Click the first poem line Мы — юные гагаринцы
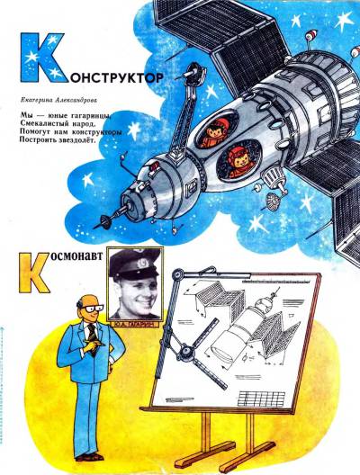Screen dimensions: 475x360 pyautogui.click(x=61, y=117)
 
